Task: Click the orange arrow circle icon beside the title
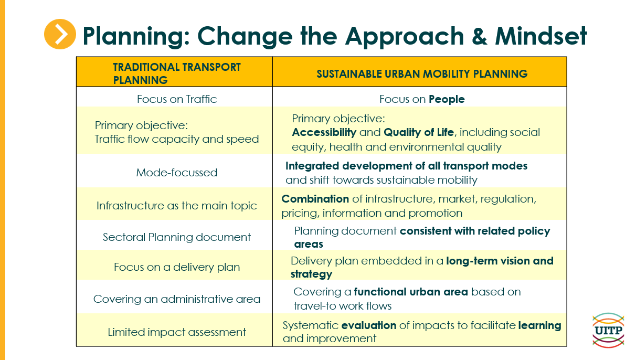point(60,34)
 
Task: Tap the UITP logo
point(608,330)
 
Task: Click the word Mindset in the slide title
point(541,36)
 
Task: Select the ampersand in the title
point(480,36)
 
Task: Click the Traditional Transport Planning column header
point(177,73)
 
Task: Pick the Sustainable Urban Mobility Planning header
point(422,74)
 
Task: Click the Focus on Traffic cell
point(177,99)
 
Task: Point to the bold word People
point(447,99)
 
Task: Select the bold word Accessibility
point(324,132)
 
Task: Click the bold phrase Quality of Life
point(419,132)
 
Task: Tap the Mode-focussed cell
point(177,173)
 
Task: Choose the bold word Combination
point(315,199)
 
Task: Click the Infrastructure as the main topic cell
point(177,206)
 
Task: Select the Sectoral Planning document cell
point(177,237)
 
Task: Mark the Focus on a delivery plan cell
point(177,267)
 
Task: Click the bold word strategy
point(312,274)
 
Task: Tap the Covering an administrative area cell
point(177,299)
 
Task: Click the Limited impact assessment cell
point(177,332)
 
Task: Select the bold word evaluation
point(369,325)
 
